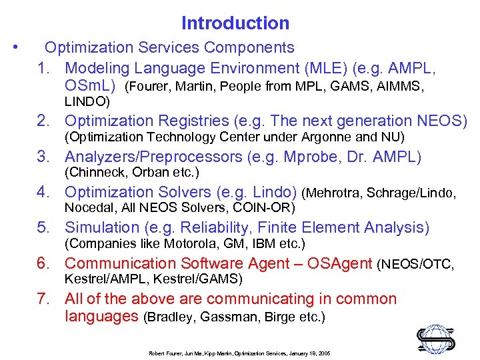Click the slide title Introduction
[235, 23]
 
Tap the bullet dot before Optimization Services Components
[15, 47]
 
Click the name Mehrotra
[336, 194]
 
